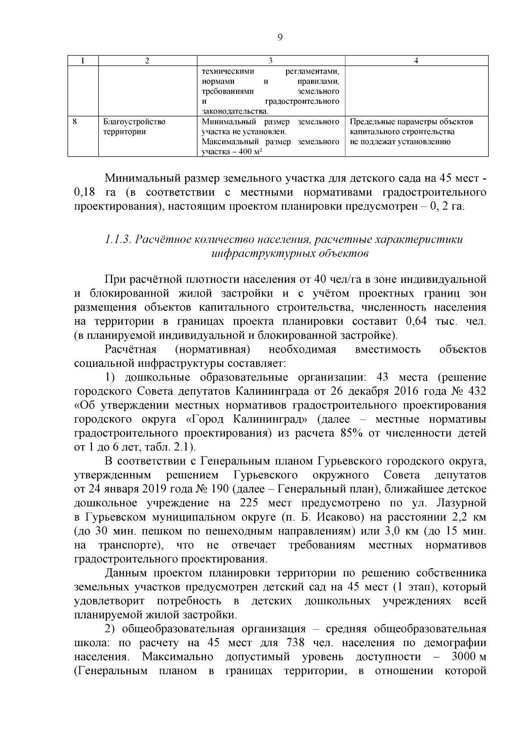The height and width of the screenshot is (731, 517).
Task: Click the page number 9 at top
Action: [x=280, y=38]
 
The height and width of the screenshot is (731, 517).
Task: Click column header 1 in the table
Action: [x=83, y=61]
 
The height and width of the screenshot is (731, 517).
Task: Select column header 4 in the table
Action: [x=416, y=61]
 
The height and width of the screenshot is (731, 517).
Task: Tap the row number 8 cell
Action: [x=75, y=122]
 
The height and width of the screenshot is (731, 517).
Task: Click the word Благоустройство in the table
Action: [x=134, y=122]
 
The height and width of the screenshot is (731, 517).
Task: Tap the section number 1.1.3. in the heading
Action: [x=118, y=239]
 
